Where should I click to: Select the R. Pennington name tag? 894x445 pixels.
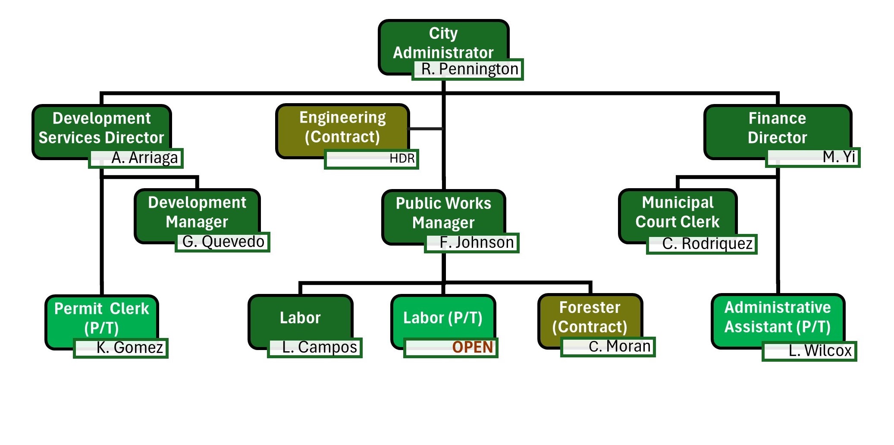468,69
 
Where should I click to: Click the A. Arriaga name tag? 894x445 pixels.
136,158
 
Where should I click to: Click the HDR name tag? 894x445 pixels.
371,159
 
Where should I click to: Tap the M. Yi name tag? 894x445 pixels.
812,157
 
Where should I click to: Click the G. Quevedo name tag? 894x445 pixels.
223,242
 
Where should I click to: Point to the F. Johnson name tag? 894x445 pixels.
472,243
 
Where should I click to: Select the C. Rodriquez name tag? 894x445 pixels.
702,244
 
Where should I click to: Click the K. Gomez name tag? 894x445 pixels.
121,348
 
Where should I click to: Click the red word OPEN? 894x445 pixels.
473,347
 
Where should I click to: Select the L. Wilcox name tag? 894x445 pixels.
809,351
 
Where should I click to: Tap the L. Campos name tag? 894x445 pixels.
315,347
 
